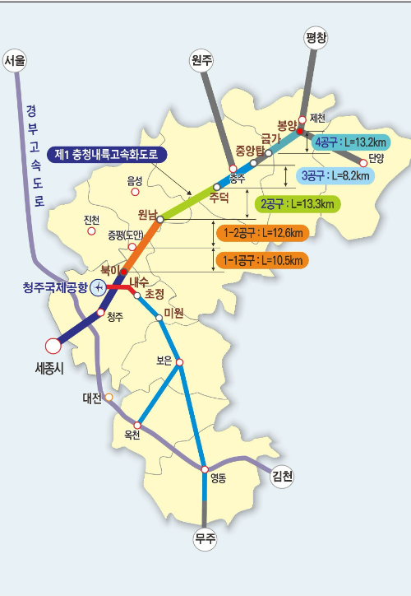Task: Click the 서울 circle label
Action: coord(15,60)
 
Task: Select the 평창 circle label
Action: coord(316,37)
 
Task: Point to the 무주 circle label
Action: coord(204,539)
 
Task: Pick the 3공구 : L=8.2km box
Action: coord(335,175)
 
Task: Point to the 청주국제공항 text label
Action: coord(54,286)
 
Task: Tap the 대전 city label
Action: coord(91,398)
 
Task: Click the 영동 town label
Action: coord(218,477)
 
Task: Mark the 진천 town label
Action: coord(91,219)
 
